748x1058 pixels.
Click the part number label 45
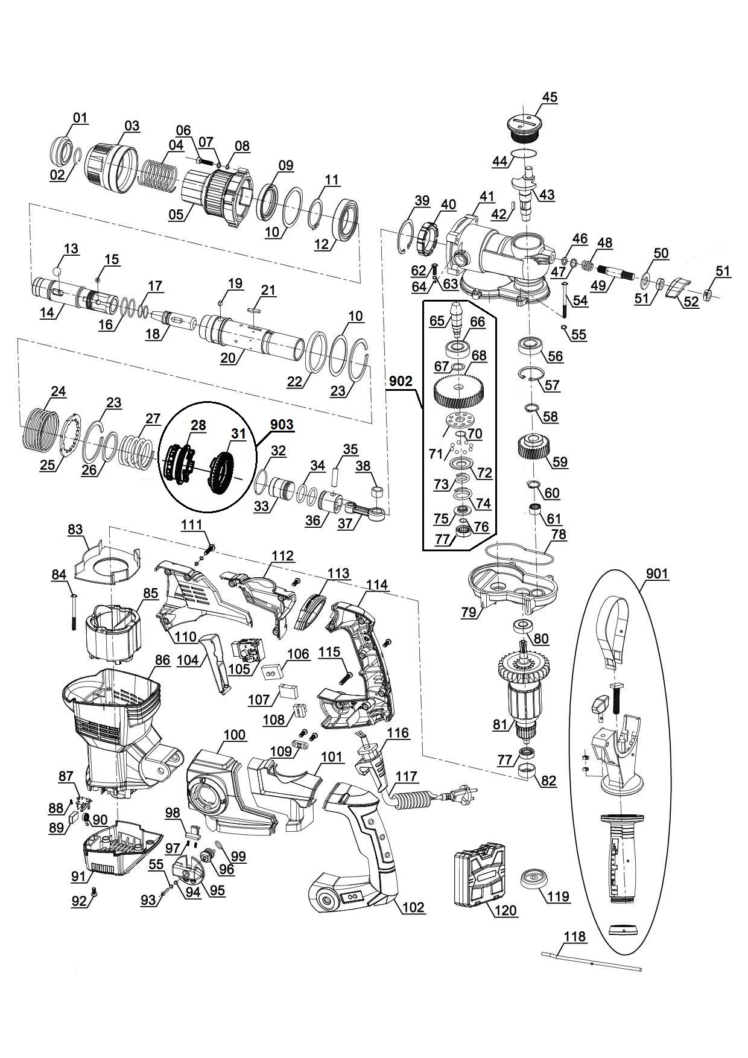click(550, 97)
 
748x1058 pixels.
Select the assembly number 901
click(657, 574)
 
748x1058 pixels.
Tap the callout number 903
click(282, 425)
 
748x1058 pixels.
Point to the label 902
click(401, 381)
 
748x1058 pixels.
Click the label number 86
click(162, 660)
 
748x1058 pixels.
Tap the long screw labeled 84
click(74, 613)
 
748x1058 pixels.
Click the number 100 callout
click(235, 735)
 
